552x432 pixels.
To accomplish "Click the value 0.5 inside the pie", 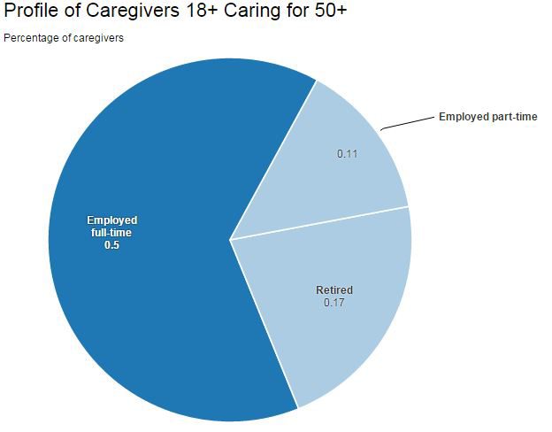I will pyautogui.click(x=111, y=245).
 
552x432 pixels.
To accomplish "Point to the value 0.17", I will pyautogui.click(x=334, y=303).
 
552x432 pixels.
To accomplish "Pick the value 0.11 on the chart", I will pyautogui.click(x=348, y=154).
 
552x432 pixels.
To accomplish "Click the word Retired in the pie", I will pyautogui.click(x=334, y=290).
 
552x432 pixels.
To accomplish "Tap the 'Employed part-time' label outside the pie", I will pyautogui.click(x=487, y=117).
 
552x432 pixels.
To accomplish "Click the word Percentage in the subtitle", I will pyautogui.click(x=29, y=38).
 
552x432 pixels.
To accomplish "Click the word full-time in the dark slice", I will pyautogui.click(x=111, y=233).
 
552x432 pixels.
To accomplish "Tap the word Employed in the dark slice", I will pyautogui.click(x=111, y=220).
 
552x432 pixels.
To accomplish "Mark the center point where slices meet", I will pyautogui.click(x=230, y=239).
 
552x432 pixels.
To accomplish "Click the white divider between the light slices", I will pyautogui.click(x=320, y=223).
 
